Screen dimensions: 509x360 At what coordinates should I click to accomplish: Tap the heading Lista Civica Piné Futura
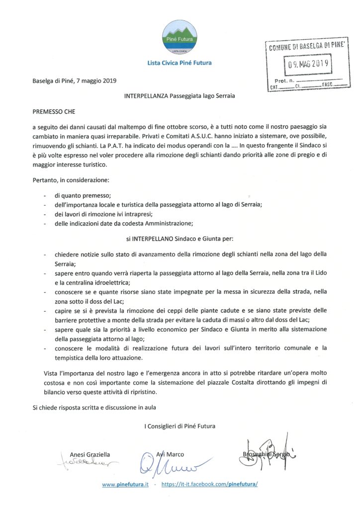tap(180, 63)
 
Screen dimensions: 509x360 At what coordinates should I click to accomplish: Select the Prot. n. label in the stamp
tap(284, 80)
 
